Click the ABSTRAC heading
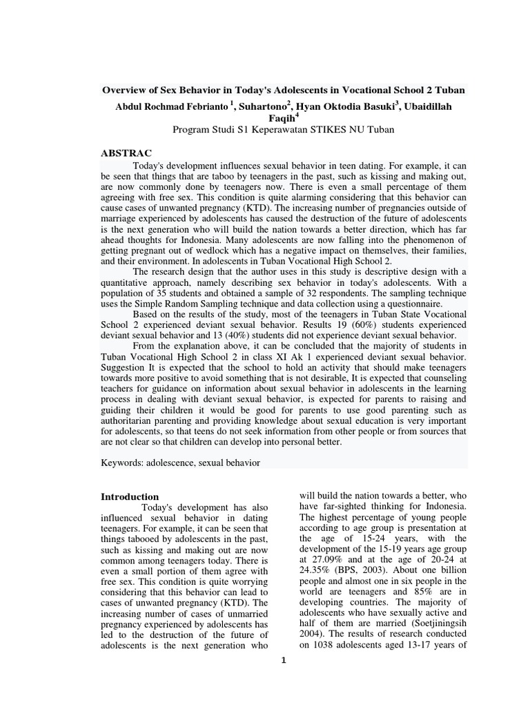126,153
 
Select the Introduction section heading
130,496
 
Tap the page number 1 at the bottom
283,660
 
